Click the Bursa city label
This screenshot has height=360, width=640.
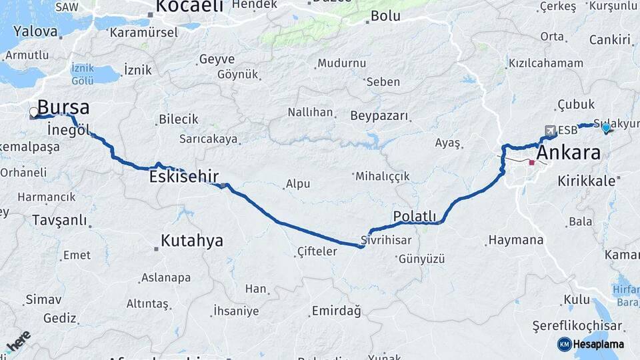pyautogui.click(x=63, y=107)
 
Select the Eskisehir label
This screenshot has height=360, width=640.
pyautogui.click(x=184, y=176)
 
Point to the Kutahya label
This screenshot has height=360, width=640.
pyautogui.click(x=193, y=241)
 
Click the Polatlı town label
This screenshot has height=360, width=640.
pyautogui.click(x=414, y=216)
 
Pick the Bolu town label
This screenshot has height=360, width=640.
pyautogui.click(x=385, y=16)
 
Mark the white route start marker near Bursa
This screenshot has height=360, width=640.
pyautogui.click(x=34, y=112)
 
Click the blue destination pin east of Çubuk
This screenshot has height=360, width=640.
pyautogui.click(x=605, y=127)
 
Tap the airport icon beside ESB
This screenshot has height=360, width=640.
pyautogui.click(x=550, y=130)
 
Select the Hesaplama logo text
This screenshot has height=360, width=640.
pyautogui.click(x=599, y=344)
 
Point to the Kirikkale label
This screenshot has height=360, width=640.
pyautogui.click(x=586, y=180)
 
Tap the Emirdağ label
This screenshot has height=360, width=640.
pyautogui.click(x=336, y=311)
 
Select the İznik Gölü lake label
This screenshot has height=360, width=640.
pyautogui.click(x=83, y=74)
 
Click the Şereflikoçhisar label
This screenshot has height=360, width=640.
pyautogui.click(x=577, y=326)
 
